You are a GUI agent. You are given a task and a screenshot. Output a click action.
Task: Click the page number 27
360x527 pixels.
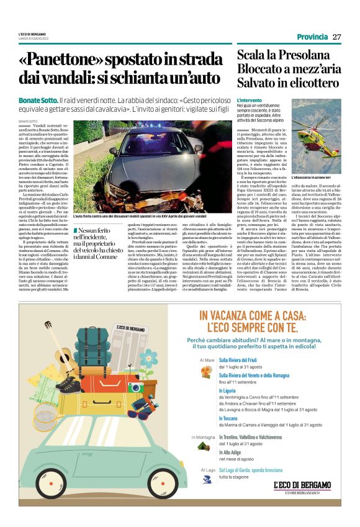[336, 37]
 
